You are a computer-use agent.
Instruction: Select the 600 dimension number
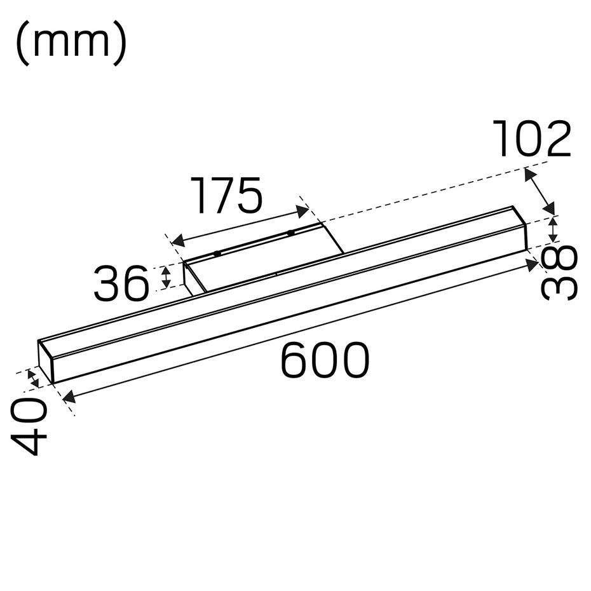[325, 360]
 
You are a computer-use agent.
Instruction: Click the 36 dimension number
[121, 284]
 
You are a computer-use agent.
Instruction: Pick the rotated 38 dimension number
[560, 273]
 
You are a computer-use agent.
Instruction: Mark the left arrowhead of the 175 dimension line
[179, 240]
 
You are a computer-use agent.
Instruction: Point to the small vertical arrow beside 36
[166, 276]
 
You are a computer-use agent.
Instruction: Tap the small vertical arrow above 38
[554, 229]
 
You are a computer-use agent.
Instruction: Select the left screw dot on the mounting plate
[217, 254]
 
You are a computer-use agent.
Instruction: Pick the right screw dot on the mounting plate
[290, 233]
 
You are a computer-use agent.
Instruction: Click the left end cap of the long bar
[45, 362]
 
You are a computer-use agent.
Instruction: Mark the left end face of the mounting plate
[189, 278]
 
